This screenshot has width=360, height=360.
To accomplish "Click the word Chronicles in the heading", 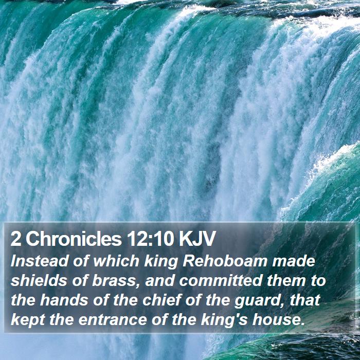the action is click(x=74, y=239).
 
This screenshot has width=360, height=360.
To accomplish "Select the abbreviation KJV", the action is click(x=197, y=239).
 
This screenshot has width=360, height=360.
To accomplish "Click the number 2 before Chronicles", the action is click(x=15, y=239).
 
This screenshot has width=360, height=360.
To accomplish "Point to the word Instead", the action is click(x=40, y=261).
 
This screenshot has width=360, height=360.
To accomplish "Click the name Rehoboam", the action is click(x=225, y=261).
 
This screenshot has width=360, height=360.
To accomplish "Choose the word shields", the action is click(x=39, y=281).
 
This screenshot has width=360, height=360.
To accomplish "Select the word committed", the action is click(x=221, y=281).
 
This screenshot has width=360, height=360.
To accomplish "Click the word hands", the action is click(x=64, y=300).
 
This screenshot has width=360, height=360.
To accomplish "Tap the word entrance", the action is click(x=113, y=320).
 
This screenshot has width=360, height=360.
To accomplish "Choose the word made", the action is click(x=294, y=261).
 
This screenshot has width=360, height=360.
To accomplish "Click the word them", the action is click(x=286, y=281).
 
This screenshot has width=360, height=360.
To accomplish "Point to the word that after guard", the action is click(x=305, y=300).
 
